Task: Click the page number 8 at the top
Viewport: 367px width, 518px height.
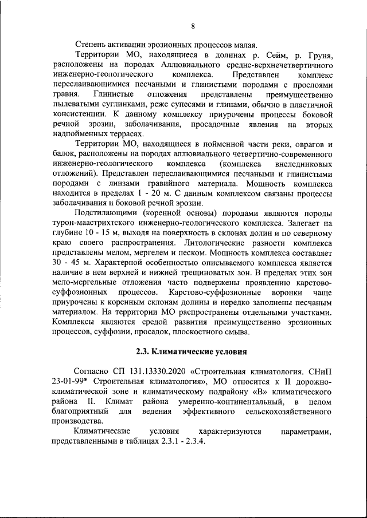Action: tap(193, 25)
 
